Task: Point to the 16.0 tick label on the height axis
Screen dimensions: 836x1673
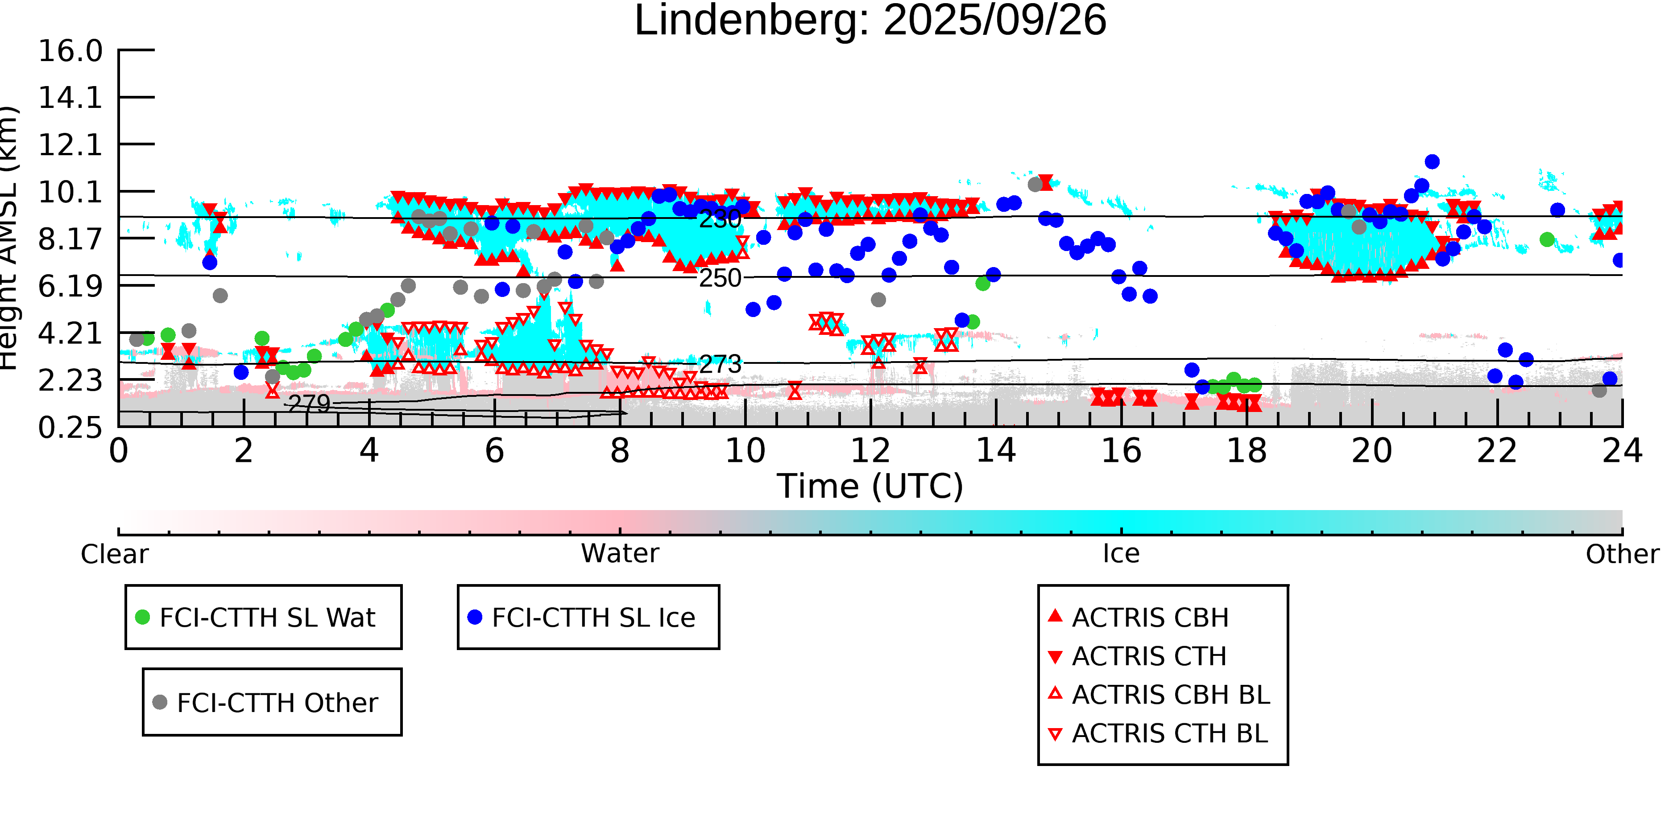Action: (70, 51)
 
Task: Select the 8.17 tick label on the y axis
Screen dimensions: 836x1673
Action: (70, 239)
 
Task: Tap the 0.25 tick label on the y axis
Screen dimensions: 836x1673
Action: (70, 428)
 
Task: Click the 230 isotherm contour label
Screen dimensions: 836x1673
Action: (720, 219)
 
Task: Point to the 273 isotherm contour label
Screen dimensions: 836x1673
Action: (720, 365)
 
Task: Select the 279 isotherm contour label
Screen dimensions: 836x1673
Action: (309, 404)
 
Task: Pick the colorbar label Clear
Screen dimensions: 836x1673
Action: (114, 554)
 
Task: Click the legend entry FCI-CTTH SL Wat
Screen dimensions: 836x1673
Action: (267, 617)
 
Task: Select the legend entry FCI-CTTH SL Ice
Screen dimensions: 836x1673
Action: (593, 617)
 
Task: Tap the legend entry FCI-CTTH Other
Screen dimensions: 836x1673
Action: (277, 702)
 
